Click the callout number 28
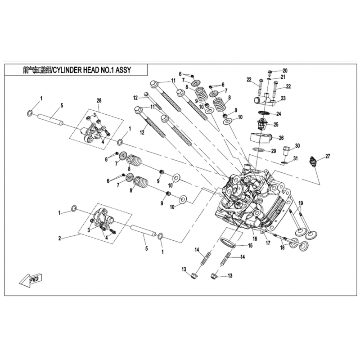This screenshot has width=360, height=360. (99, 100)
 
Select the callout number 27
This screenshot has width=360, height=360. (328, 156)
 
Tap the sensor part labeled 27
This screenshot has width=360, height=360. (313, 162)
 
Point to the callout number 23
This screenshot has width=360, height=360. (283, 98)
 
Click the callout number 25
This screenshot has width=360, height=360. (276, 125)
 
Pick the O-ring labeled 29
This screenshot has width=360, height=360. (258, 149)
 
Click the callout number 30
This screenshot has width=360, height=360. (297, 146)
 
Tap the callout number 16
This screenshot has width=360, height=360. (255, 239)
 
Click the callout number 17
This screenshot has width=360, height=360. (268, 243)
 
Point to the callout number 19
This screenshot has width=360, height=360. (301, 203)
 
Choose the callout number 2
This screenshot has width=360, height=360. (60, 238)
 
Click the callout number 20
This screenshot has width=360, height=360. (285, 71)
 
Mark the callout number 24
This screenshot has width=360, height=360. (279, 114)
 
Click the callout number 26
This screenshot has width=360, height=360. (281, 138)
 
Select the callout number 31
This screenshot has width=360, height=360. (296, 158)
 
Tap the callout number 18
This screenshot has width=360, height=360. (283, 247)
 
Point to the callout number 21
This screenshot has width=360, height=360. (283, 77)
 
